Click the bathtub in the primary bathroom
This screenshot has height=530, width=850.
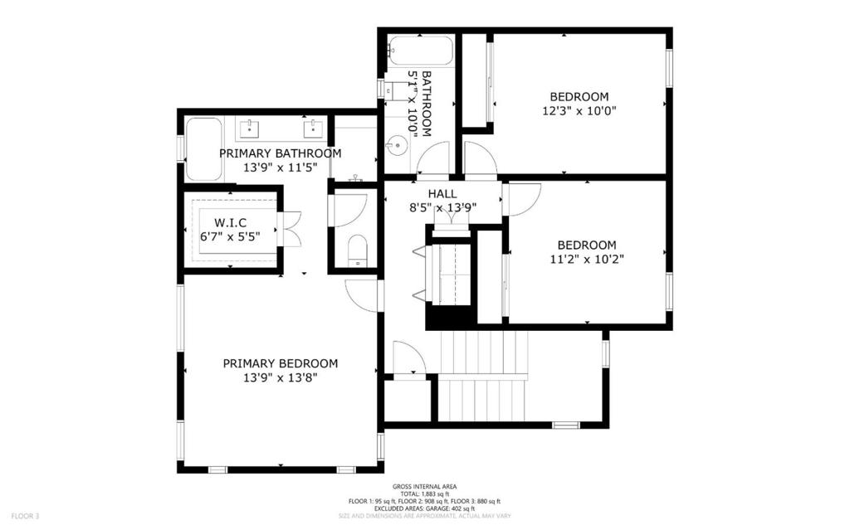click(203, 148)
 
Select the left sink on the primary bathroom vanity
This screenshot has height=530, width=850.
click(249, 129)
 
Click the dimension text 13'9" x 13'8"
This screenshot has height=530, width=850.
click(280, 377)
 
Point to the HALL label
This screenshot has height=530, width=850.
click(442, 194)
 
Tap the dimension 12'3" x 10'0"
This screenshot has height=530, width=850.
click(579, 109)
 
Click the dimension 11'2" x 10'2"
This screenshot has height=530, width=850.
click(586, 259)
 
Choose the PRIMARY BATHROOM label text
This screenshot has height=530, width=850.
click(280, 153)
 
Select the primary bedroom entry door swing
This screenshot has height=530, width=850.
click(362, 294)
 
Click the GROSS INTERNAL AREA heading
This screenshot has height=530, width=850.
click(424, 487)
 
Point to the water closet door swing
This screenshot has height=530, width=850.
click(349, 210)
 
